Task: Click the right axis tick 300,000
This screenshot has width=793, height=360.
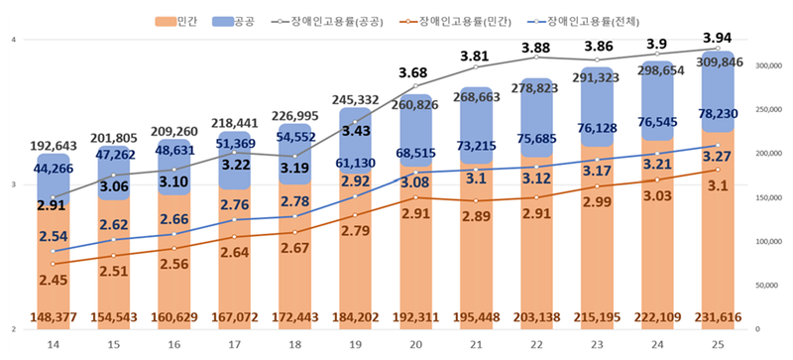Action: [770, 66]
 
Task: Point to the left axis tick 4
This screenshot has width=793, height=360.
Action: [12, 40]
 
